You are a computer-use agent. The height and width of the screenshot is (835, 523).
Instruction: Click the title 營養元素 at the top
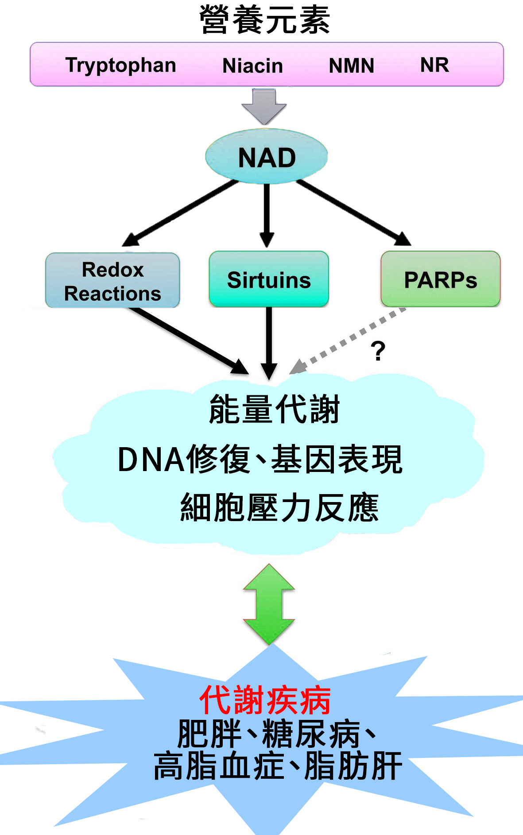coord(265,20)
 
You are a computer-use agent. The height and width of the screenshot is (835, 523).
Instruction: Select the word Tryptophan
coord(120,66)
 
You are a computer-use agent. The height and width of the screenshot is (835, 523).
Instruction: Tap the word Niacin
coord(252,66)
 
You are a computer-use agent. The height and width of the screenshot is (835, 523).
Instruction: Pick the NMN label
coord(351,66)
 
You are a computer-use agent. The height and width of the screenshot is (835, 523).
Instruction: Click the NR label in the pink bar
coord(434,65)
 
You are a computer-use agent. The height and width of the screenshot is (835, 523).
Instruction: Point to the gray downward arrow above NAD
coord(264,107)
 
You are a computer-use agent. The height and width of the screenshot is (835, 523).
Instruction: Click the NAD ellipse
coord(266,156)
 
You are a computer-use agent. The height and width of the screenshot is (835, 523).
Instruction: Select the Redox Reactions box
coord(112,280)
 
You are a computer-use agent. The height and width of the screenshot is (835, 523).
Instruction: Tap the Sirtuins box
coord(269,279)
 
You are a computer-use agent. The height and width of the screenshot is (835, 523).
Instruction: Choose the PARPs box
coord(441,279)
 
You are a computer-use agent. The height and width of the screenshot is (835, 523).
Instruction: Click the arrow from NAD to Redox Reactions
coord(180,213)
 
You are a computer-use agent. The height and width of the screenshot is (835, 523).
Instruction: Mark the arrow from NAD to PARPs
coord(354,213)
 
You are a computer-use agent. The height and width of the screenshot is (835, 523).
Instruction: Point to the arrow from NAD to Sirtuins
coord(266,216)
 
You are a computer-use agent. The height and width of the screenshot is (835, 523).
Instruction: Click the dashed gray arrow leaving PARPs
coord(348,340)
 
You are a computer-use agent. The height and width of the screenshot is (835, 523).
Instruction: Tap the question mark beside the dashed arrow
coord(378,351)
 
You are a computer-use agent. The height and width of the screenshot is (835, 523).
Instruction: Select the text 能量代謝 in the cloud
coord(274,409)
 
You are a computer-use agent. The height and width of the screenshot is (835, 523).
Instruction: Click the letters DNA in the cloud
coord(151,460)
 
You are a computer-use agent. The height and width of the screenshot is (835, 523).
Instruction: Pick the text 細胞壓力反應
coord(279,507)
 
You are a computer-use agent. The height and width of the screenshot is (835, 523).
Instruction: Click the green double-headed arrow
coord(269,604)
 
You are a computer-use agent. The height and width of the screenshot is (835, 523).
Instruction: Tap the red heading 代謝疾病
coord(265,700)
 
